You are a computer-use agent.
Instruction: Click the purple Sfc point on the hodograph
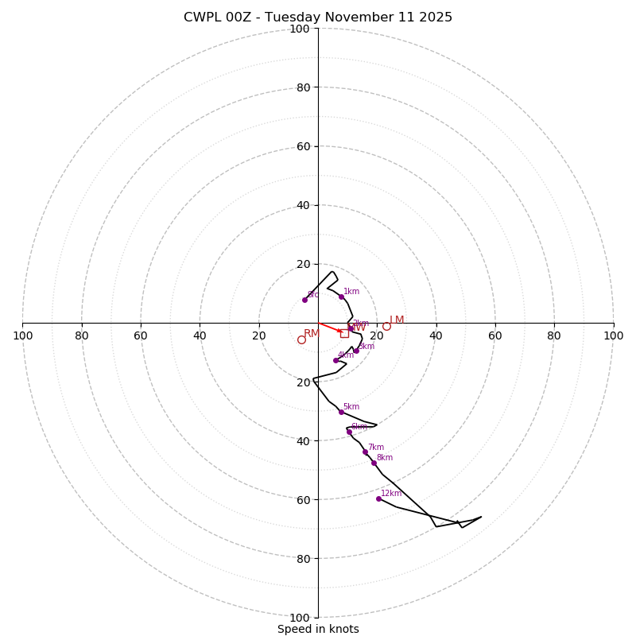coord(304,300)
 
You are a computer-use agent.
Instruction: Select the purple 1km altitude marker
coord(341,297)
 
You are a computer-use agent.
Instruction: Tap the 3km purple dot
coord(356,351)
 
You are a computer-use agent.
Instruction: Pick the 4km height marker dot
coord(335,360)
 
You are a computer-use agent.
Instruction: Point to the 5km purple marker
coord(341,412)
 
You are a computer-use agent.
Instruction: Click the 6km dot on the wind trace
coord(349,432)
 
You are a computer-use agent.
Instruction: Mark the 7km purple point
coord(365,452)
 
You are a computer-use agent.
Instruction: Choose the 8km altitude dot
coord(374,463)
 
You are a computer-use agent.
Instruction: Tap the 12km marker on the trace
coord(378,498)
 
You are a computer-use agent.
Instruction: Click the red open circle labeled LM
coord(386,326)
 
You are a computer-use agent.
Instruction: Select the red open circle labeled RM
coord(301,339)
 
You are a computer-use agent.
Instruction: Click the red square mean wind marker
coord(344,334)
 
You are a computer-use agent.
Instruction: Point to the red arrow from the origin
coord(330,328)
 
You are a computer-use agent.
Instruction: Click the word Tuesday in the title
coord(298,17)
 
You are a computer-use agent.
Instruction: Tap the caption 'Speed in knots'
coord(318,629)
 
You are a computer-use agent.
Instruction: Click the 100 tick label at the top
coord(300,29)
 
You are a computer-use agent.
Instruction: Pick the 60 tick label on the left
coord(141,335)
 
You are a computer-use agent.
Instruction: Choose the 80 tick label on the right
coord(554,335)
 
